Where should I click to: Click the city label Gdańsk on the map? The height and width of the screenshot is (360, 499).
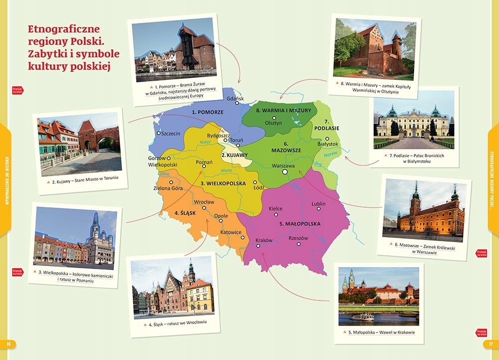pyautogui.click(x=235, y=99)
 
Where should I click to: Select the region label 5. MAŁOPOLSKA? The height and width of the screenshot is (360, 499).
pyautogui.click(x=300, y=224)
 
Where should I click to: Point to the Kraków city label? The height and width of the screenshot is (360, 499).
pyautogui.click(x=264, y=240)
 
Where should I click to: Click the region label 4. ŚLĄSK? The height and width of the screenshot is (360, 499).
pyautogui.click(x=185, y=213)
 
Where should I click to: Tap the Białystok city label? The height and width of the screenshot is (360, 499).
pyautogui.click(x=328, y=144)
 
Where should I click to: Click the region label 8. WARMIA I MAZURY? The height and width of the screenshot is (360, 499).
pyautogui.click(x=283, y=110)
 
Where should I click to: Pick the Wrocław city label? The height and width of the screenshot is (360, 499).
pyautogui.click(x=204, y=202)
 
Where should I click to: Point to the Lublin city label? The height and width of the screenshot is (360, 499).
pyautogui.click(x=318, y=204)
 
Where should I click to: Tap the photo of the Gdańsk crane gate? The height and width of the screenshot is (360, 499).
pyautogui.click(x=174, y=50)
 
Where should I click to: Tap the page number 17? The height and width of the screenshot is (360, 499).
pyautogui.click(x=490, y=344)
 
